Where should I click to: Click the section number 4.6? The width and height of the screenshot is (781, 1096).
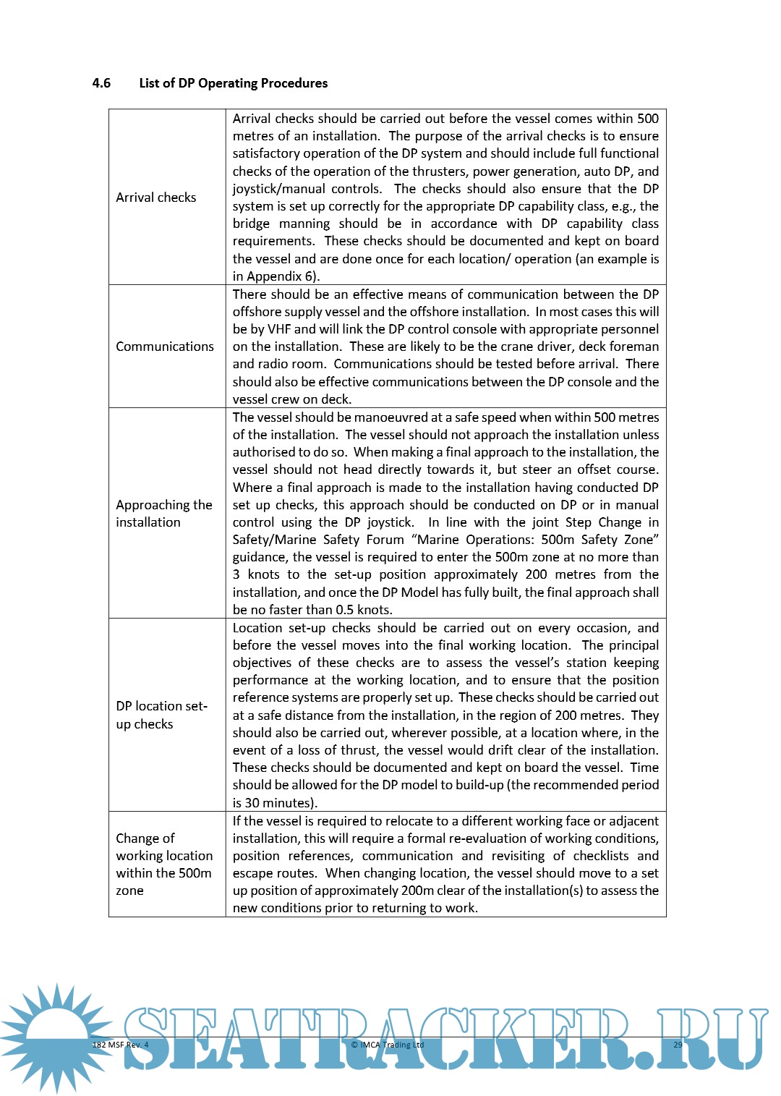pyautogui.click(x=101, y=83)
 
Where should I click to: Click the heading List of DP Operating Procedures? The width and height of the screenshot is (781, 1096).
pyautogui.click(x=233, y=83)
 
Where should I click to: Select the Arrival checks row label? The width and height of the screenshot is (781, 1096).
pyautogui.click(x=156, y=197)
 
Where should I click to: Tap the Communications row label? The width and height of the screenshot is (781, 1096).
pyautogui.click(x=165, y=347)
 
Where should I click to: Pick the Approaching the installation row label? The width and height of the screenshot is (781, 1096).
pyautogui.click(x=164, y=514)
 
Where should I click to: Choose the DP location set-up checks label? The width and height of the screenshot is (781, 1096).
pyautogui.click(x=161, y=715)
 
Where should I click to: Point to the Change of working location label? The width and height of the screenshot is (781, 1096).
pyautogui.click(x=164, y=865)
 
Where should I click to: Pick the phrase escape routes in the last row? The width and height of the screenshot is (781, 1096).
pyautogui.click(x=273, y=873)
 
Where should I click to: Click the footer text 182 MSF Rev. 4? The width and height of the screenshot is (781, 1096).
pyautogui.click(x=120, y=1045)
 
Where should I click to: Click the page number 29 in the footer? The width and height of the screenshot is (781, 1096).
pyautogui.click(x=678, y=1045)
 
